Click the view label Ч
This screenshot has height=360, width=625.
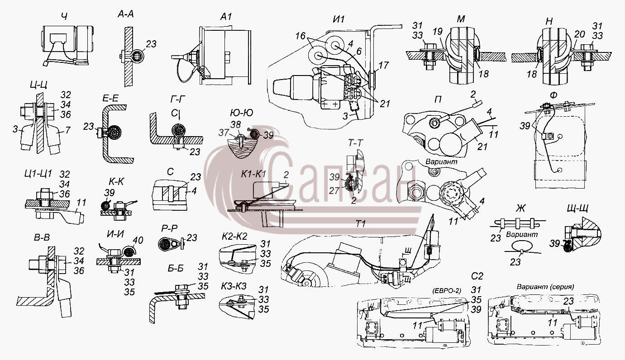64,17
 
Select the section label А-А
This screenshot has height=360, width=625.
125,14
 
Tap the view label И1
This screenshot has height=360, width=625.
339,19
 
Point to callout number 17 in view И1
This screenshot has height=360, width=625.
383,65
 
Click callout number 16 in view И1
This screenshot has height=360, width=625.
301,36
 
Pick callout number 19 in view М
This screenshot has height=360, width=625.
438,32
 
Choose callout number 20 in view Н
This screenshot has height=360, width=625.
580,34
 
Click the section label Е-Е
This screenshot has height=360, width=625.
110,98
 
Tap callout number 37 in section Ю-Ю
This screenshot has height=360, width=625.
224,133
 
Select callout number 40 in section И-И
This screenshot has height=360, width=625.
138,240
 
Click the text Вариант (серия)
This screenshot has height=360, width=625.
545,287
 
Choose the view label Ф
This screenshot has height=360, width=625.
553,95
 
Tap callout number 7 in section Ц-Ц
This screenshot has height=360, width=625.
67,130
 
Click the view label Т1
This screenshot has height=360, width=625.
361,223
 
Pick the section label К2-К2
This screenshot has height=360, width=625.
234,237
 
